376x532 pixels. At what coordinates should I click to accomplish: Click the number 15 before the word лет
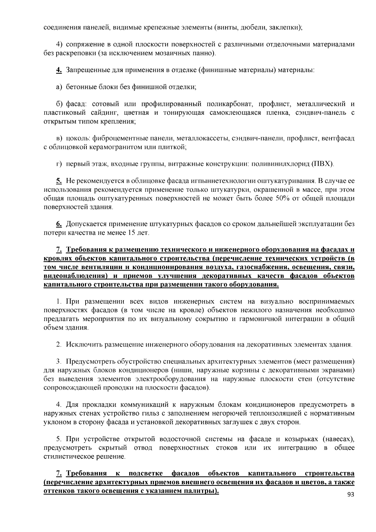tap(131, 233)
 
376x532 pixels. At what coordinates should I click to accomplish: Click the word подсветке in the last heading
tap(146, 473)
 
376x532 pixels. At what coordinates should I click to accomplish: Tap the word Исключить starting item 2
tap(84, 345)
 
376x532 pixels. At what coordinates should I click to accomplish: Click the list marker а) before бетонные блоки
tap(59, 87)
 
